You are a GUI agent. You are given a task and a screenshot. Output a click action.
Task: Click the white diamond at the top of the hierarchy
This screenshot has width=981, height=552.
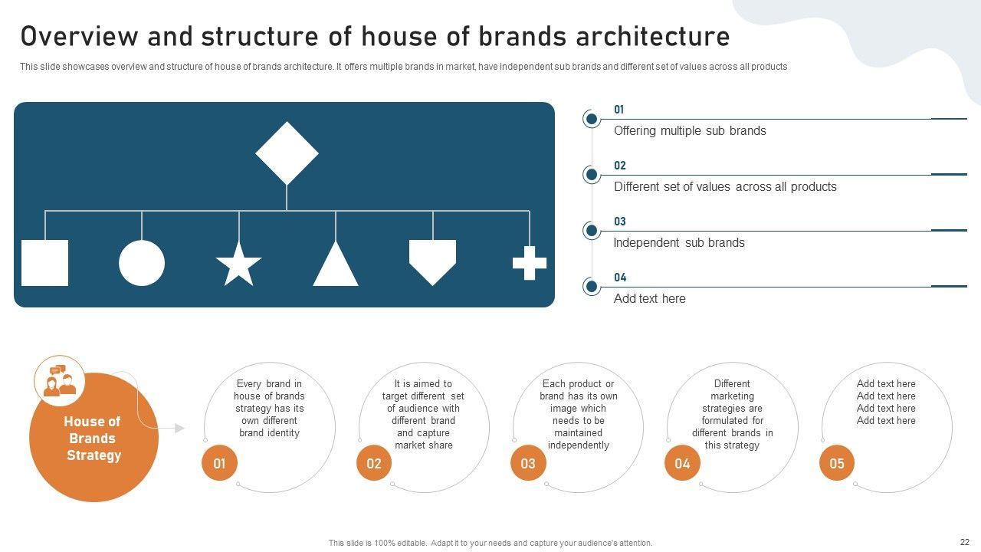[x=287, y=153]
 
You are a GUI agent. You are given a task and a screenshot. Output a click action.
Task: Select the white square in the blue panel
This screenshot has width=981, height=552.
[x=44, y=263]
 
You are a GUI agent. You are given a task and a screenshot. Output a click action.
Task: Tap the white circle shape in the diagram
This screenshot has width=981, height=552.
[x=142, y=263]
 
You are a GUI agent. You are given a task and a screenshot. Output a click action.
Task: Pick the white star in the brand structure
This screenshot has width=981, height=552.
[x=238, y=264]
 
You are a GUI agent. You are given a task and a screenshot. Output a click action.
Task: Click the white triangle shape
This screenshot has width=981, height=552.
[x=336, y=263]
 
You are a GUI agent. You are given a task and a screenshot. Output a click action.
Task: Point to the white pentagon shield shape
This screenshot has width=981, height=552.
[x=433, y=262]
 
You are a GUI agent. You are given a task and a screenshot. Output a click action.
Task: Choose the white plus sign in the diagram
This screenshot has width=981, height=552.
[x=530, y=263]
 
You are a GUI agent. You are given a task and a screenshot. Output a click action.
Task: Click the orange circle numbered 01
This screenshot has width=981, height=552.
[x=219, y=463]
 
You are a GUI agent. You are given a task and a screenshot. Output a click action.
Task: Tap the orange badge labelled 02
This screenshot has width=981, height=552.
[x=374, y=463]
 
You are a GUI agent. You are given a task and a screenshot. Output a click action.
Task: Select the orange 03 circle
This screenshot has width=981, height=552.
[x=528, y=463]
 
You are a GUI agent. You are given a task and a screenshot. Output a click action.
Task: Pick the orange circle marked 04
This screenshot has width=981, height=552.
[x=682, y=463]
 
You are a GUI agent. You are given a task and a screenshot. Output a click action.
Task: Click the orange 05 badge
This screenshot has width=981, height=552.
[x=837, y=463]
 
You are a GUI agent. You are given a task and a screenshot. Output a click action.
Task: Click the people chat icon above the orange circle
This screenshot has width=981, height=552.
[x=60, y=381]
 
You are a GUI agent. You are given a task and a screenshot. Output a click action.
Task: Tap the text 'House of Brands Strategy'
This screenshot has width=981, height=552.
[x=93, y=438]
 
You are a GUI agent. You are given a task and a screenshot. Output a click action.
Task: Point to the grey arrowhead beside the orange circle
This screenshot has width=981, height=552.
[x=179, y=428]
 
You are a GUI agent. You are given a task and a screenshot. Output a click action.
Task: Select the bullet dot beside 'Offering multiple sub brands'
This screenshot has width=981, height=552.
[x=592, y=119]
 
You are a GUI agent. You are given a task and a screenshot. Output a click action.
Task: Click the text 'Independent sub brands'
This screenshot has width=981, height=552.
[x=679, y=243]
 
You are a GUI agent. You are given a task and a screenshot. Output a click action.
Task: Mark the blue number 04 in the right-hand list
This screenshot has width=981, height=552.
[x=620, y=278]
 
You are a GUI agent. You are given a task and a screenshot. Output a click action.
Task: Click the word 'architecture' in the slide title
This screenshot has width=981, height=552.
[x=652, y=36]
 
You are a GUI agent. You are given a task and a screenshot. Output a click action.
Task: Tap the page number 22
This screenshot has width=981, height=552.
[x=964, y=542]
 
